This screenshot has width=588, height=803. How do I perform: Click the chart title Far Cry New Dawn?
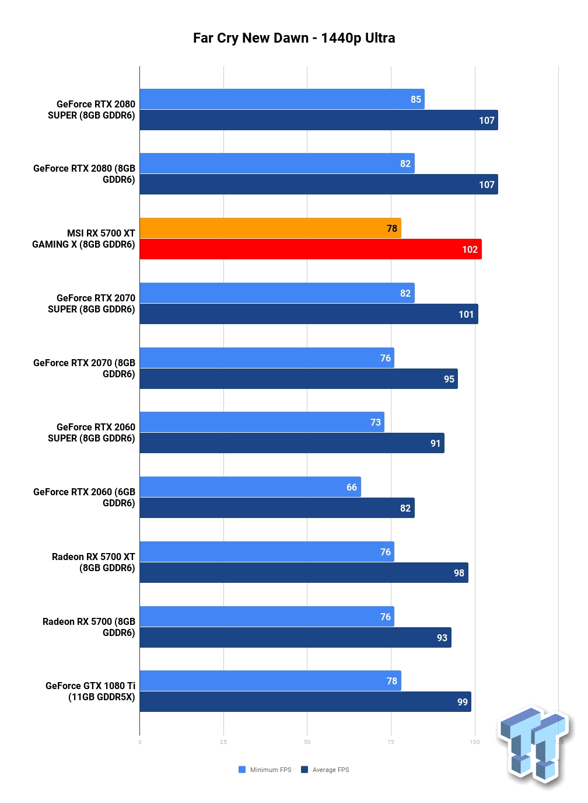pyautogui.click(x=250, y=38)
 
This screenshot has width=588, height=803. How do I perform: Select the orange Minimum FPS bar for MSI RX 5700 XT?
pyautogui.click(x=270, y=228)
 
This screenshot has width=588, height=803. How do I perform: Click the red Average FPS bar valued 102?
pyautogui.click(x=310, y=249)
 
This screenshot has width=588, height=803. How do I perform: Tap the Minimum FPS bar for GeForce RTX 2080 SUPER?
pyautogui.click(x=282, y=99)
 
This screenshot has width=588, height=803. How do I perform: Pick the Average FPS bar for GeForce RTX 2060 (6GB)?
pyautogui.click(x=277, y=507)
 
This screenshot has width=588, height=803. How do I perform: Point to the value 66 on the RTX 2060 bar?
pyautogui.click(x=351, y=487)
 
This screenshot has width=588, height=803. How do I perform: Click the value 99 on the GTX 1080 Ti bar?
pyautogui.click(x=463, y=702)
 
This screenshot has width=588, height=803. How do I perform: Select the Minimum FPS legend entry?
pyautogui.click(x=265, y=770)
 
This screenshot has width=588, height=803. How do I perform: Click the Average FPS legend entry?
pyautogui.click(x=325, y=770)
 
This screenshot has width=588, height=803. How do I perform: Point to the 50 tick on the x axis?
pyautogui.click(x=307, y=742)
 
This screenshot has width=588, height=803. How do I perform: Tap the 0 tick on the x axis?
pyautogui.click(x=139, y=742)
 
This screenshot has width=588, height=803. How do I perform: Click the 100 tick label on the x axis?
pyautogui.click(x=474, y=742)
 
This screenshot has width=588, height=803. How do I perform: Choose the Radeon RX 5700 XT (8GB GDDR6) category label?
pyautogui.click(x=93, y=562)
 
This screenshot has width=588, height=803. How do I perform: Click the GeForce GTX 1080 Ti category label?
pyautogui.click(x=90, y=691)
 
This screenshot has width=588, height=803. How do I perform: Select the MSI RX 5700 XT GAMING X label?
pyautogui.click(x=84, y=239)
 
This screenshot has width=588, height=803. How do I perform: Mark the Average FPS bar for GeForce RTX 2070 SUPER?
pyautogui.click(x=309, y=314)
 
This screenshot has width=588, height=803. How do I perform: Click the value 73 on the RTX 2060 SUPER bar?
pyautogui.click(x=375, y=422)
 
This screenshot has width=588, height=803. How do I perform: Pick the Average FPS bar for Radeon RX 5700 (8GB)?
pyautogui.click(x=295, y=637)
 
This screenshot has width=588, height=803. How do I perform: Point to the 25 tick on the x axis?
pyautogui.click(x=223, y=742)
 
